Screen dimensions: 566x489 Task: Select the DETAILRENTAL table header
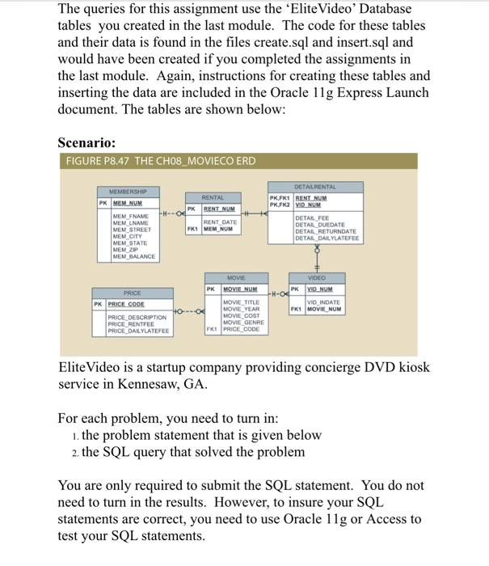pyautogui.click(x=315, y=186)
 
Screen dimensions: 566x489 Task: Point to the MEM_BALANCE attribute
pyautogui.click(x=134, y=256)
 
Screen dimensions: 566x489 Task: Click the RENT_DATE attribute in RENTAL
pyautogui.click(x=220, y=222)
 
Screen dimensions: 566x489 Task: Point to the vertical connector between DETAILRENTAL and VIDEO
pyautogui.click(x=317, y=259)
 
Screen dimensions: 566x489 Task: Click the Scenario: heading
pyautogui.click(x=90, y=142)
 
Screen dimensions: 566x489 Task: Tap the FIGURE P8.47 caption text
pyautogui.click(x=159, y=161)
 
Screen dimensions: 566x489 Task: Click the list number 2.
pyautogui.click(x=74, y=451)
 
